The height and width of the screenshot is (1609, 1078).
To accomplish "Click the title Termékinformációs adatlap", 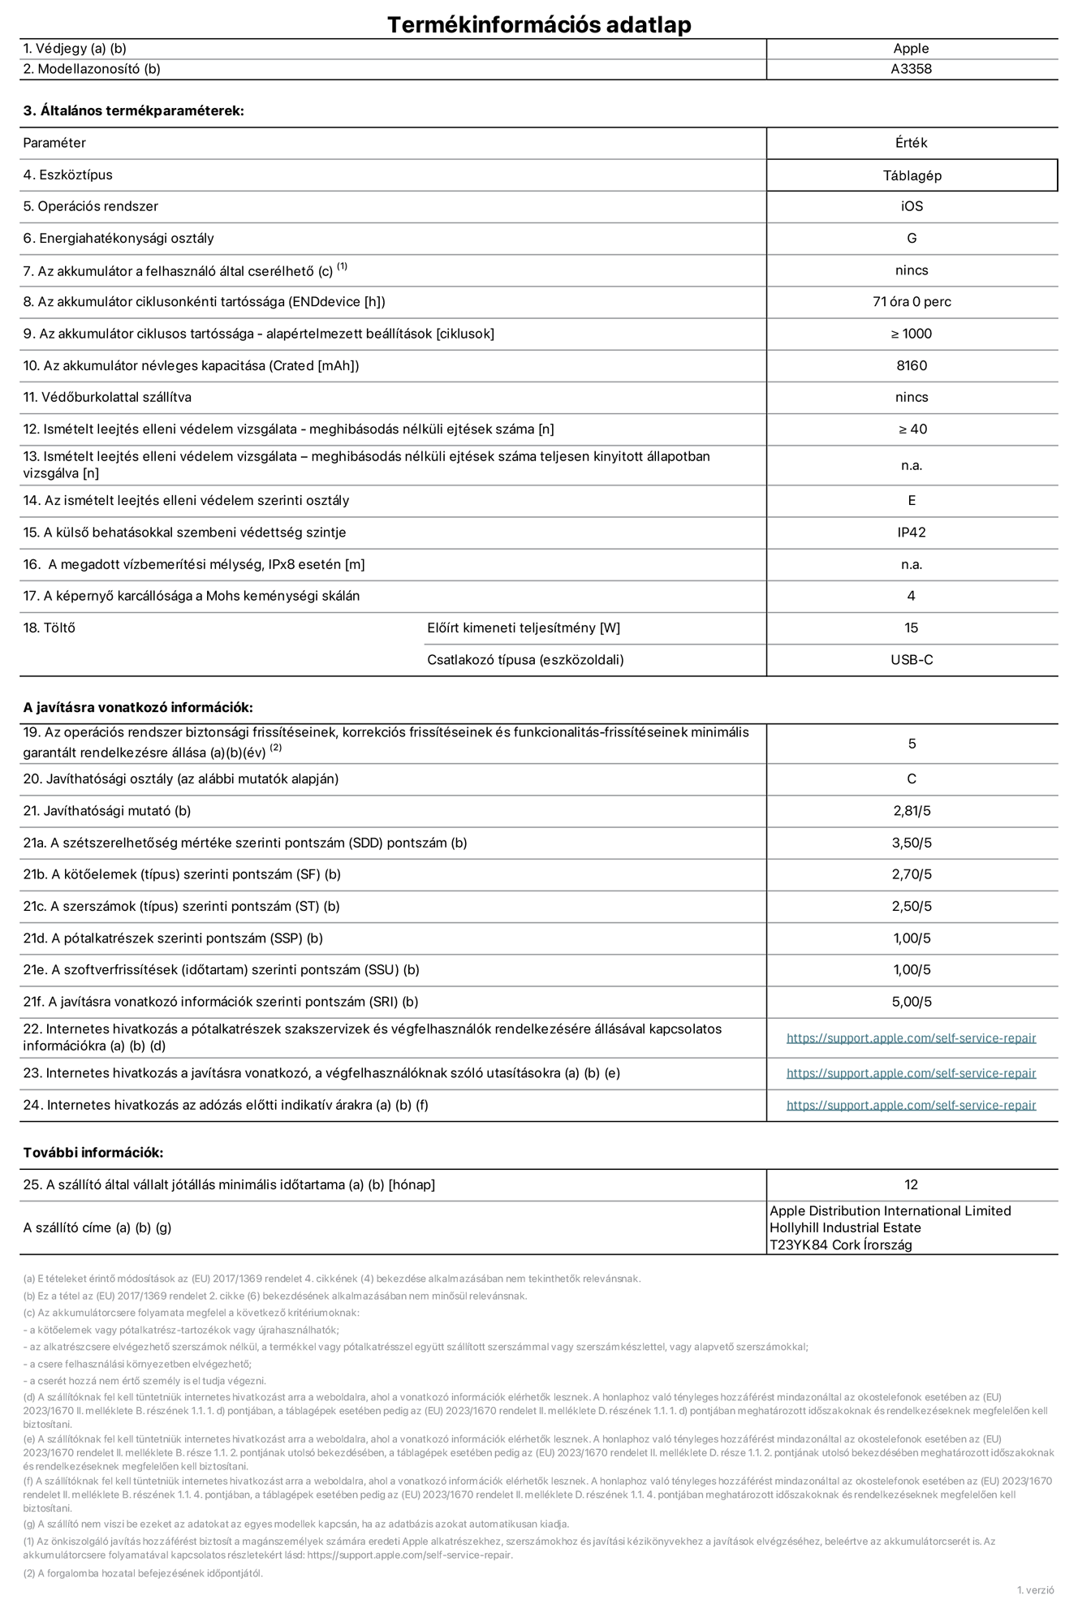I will [x=539, y=24].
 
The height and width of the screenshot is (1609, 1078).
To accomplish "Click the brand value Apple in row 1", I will [x=911, y=49].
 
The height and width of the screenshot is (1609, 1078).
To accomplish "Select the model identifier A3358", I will [x=911, y=69].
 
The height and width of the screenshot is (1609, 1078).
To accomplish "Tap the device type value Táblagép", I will [x=912, y=175].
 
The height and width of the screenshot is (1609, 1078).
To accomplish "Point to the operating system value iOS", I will [x=912, y=206].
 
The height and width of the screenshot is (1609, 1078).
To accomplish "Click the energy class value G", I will [x=912, y=239].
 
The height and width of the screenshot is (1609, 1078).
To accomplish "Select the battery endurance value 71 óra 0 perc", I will [x=912, y=302].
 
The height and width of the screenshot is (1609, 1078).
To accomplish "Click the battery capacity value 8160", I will [x=912, y=365].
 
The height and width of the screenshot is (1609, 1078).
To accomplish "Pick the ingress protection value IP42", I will [x=912, y=533].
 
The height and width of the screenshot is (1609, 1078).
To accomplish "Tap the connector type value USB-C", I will [x=912, y=660].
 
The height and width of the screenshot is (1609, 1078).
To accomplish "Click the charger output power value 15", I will [x=912, y=628].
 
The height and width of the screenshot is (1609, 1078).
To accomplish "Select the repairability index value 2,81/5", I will [x=912, y=811].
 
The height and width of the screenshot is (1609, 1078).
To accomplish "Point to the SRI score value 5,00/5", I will [x=912, y=1002].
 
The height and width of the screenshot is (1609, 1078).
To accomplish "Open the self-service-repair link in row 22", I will [x=911, y=1037].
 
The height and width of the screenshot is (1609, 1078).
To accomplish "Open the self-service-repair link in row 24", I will [x=911, y=1105].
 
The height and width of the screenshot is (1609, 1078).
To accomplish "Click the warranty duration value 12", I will [x=912, y=1184].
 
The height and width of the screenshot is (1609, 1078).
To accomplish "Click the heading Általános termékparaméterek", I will [x=133, y=111].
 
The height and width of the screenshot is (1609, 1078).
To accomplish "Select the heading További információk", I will [x=93, y=1153].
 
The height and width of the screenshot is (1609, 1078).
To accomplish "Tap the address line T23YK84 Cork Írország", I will [x=840, y=1244].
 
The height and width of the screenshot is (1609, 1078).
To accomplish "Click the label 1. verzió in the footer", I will [x=1035, y=1590].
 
